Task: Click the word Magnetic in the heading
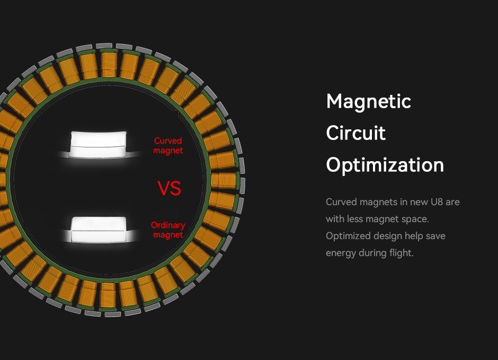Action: click(x=369, y=101)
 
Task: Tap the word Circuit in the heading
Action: click(x=356, y=133)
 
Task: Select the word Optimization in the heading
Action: click(x=385, y=165)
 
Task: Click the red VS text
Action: click(x=170, y=188)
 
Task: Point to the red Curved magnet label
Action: click(x=168, y=145)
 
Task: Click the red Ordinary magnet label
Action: click(x=168, y=230)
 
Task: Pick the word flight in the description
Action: click(x=400, y=253)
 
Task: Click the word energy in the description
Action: click(x=341, y=253)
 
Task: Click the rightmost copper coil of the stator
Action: click(x=223, y=180)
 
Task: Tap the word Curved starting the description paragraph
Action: click(x=341, y=202)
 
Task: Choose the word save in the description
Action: click(x=435, y=236)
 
